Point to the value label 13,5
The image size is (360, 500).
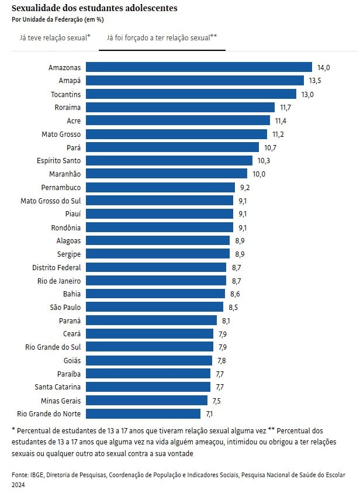[x=316, y=81]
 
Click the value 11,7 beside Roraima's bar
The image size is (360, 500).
[x=286, y=108]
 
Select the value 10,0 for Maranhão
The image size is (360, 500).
[x=259, y=174]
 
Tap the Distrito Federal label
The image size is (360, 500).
[x=56, y=267]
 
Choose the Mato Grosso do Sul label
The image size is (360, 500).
[x=50, y=201]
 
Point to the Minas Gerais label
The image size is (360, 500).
[x=61, y=401]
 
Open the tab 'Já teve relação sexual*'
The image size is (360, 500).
[x=55, y=37]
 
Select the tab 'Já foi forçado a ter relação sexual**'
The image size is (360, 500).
[x=162, y=37]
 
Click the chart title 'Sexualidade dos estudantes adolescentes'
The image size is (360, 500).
[x=95, y=9]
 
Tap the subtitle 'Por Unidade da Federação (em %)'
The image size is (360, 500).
[x=58, y=19]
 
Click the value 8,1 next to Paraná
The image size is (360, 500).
[x=227, y=320]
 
